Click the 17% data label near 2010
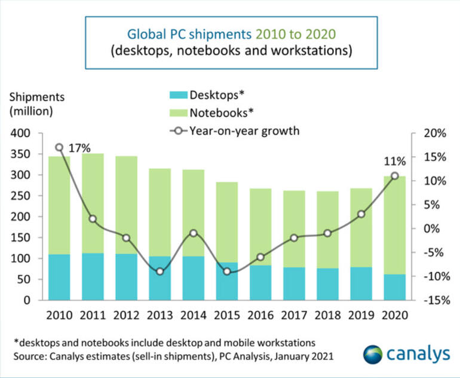point(79,148)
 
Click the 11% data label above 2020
point(394,161)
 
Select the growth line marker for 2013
point(160,272)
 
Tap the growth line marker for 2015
point(226,272)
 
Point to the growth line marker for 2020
point(394,176)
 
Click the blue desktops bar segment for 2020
point(394,287)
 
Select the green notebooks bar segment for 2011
point(93,203)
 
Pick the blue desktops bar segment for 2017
point(294,283)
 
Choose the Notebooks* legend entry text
point(219,112)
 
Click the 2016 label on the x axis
point(260,315)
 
